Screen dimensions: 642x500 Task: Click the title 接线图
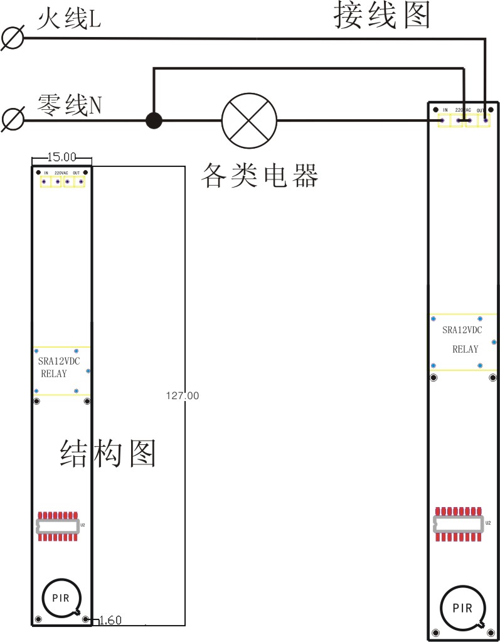point(381,15)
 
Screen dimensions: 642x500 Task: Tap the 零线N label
point(70,104)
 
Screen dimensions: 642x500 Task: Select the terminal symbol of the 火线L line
point(13,38)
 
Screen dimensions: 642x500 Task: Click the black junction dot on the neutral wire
point(153,120)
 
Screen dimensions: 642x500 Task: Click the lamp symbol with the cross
point(249,120)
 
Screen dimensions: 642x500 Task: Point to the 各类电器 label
point(259,176)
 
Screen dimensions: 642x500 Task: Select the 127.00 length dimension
point(183,395)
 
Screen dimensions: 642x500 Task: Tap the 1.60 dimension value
point(110,621)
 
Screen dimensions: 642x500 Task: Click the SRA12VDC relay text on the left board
point(59,361)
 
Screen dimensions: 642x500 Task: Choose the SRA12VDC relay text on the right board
point(462,330)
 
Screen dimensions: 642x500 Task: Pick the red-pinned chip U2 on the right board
point(459,523)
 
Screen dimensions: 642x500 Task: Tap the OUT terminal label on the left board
point(77,173)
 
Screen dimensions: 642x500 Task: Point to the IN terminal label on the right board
point(445,110)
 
